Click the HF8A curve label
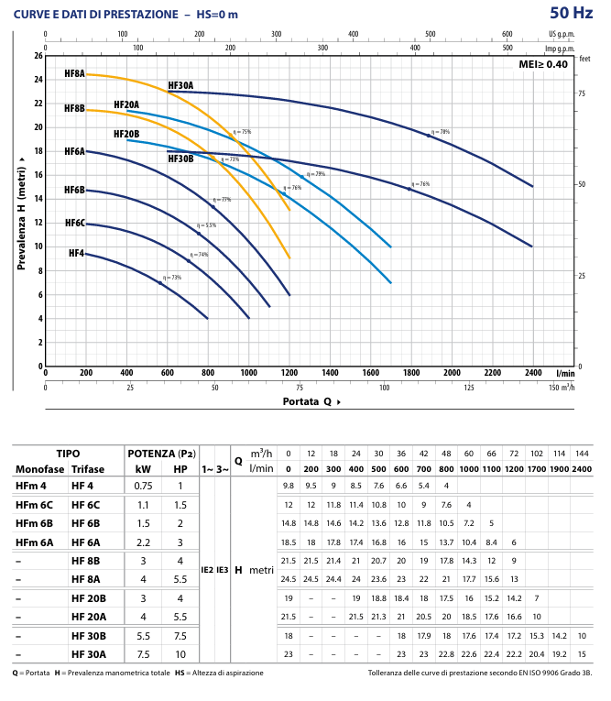(x=74, y=72)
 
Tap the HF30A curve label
(x=180, y=85)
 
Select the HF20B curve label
(x=126, y=134)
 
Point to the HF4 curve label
(x=76, y=253)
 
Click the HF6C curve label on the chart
(x=74, y=223)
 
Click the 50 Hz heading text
(x=571, y=13)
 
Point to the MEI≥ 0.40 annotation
(x=545, y=64)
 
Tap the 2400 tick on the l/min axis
(x=532, y=373)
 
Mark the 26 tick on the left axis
(x=38, y=56)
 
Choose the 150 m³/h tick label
(x=562, y=388)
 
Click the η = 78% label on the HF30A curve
(x=441, y=132)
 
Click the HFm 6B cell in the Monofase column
(x=35, y=523)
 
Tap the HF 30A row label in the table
(x=90, y=653)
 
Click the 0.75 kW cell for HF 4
(x=143, y=485)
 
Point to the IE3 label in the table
(x=223, y=569)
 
